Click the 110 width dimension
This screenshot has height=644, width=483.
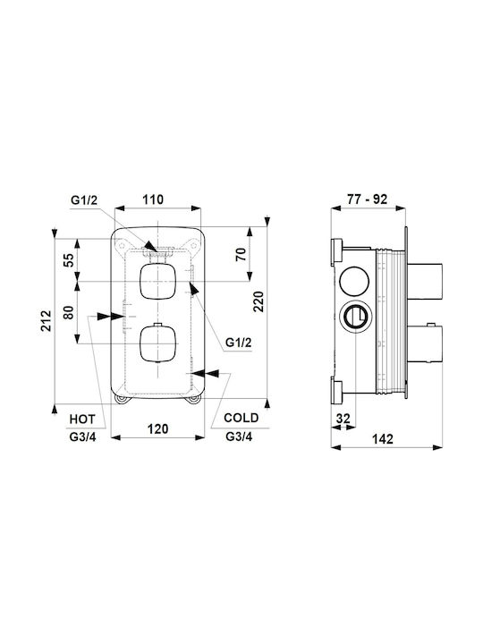tap(153, 199)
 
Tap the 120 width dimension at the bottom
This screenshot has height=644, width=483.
tap(157, 428)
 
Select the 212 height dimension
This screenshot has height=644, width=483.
tap(47, 321)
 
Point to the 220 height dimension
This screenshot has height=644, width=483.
tap(258, 302)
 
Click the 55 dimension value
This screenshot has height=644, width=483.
tap(69, 260)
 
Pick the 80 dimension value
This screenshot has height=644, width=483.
tap(69, 312)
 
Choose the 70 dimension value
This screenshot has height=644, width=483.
tap(241, 255)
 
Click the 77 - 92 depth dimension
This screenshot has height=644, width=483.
tap(368, 199)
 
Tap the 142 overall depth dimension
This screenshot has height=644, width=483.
tap(383, 438)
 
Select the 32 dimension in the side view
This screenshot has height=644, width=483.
tap(343, 419)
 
